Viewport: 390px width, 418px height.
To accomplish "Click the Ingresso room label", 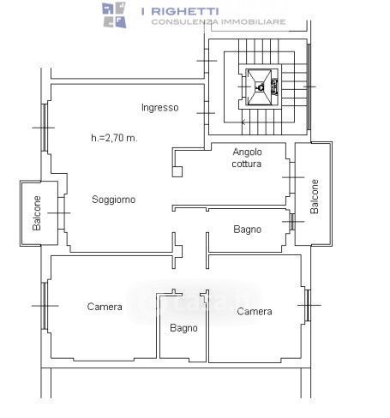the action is tap(160, 108).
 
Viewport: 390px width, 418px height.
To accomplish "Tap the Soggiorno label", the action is tap(114, 200).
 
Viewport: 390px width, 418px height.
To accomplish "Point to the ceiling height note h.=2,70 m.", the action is tap(114, 138).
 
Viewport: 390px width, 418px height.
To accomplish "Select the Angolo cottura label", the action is tap(247, 158).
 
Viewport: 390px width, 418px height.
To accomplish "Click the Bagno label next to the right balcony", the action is tap(247, 230).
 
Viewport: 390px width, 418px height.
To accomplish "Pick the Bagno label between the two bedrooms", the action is tap(183, 328).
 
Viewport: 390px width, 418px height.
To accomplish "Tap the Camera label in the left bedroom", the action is tap(105, 307).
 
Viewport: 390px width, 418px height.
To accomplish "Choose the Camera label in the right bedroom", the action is tap(255, 311).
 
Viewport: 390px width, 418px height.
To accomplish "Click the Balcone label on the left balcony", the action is tap(37, 213).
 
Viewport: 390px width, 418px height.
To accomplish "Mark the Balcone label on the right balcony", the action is tap(315, 196).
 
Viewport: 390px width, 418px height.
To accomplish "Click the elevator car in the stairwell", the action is tap(260, 87).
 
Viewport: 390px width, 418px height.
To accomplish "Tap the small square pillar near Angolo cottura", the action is tap(177, 171).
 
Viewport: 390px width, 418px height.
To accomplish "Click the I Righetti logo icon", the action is tap(114, 15).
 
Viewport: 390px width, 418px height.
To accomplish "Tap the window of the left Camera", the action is tap(45, 306).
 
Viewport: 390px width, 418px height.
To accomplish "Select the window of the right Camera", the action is tap(308, 305).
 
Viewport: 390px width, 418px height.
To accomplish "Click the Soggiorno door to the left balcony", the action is tap(62, 213).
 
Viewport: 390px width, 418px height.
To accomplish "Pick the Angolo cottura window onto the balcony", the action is tap(292, 177).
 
